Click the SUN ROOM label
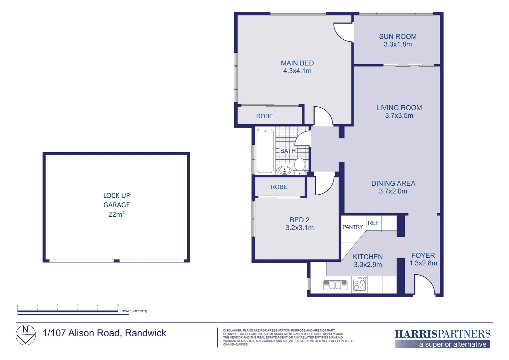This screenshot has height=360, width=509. coord(398,37)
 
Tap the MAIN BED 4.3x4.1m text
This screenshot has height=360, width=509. coord(297,67)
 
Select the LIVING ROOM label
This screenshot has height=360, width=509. coord(399,108)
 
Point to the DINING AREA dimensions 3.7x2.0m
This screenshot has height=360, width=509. coord(393,191)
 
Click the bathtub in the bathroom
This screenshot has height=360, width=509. coord(265,151)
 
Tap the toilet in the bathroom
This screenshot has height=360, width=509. coord(299,164)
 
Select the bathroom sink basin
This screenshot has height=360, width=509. coord(284,170)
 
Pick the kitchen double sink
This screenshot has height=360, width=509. coord(335,285)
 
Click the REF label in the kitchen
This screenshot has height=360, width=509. coord(373,223)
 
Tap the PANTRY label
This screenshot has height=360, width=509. coord(352,227)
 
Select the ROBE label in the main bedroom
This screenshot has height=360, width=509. coord(264,116)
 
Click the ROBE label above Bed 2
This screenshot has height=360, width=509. coord(279,187)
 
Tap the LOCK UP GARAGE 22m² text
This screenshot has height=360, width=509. coord(116,205)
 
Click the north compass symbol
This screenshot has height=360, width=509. coord(26,335)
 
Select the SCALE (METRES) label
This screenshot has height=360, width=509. coord(134,311)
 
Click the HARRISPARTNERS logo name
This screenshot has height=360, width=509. coord(442,334)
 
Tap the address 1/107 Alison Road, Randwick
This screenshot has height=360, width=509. coord(104,333)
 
